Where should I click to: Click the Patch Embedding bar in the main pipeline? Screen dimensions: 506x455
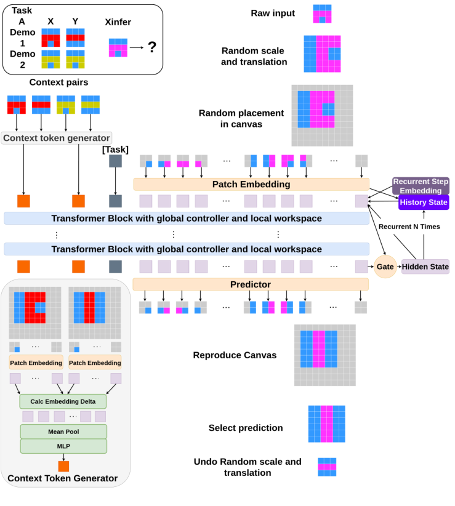click(x=251, y=184)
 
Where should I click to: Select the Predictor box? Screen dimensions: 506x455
click(x=251, y=284)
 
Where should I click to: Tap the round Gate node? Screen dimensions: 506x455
click(x=385, y=267)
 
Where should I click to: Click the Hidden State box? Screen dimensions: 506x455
click(x=425, y=267)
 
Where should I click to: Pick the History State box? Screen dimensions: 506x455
click(x=424, y=202)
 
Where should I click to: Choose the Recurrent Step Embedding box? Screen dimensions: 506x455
click(x=421, y=186)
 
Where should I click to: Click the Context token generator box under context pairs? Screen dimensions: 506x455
click(x=57, y=138)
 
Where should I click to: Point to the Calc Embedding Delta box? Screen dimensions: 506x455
click(x=63, y=401)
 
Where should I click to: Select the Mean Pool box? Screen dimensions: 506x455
click(x=63, y=432)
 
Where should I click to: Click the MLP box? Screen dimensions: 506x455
click(x=63, y=446)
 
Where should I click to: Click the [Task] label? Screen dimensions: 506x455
click(x=115, y=148)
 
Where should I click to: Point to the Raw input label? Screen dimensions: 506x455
click(x=273, y=14)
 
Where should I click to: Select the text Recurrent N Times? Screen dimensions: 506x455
click(x=409, y=227)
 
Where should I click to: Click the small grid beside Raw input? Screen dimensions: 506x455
click(x=322, y=14)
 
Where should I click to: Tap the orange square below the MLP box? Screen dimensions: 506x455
click(x=63, y=466)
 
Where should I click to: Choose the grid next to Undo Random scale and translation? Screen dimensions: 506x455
click(x=326, y=467)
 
